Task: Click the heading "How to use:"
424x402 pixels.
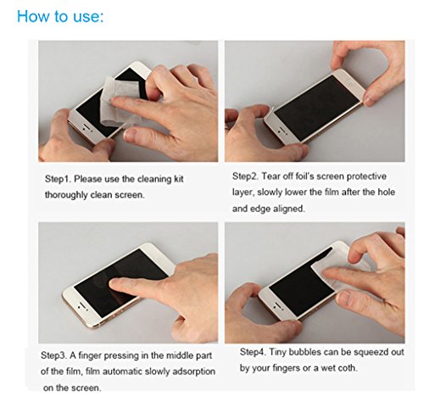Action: tap(60, 16)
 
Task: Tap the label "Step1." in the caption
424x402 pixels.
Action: tap(58, 179)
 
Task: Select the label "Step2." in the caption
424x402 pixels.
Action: tap(245, 176)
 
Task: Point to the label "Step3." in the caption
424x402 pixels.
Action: tap(53, 355)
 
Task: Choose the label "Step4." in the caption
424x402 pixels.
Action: tap(253, 352)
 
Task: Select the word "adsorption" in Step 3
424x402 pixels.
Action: tap(193, 371)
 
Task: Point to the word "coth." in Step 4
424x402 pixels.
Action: tap(348, 368)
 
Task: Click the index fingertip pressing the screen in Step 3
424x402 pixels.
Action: tap(114, 283)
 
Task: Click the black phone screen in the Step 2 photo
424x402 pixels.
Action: tap(316, 107)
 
